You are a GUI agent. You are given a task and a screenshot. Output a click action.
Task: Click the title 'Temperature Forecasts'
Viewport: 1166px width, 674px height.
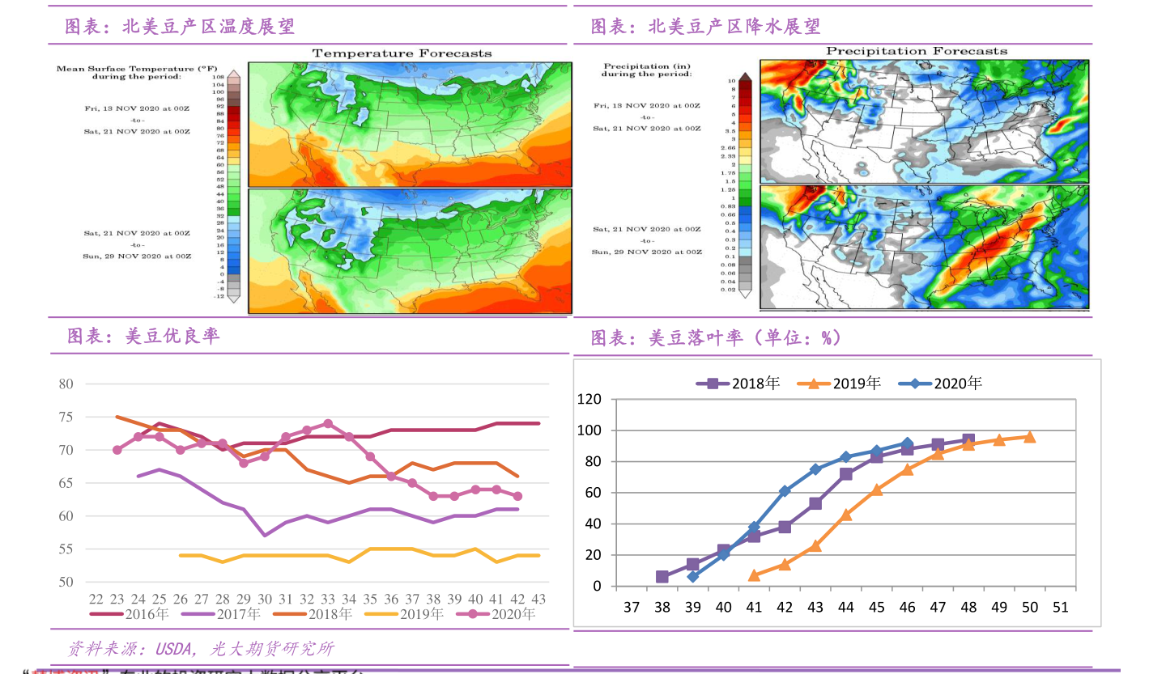[x=402, y=53]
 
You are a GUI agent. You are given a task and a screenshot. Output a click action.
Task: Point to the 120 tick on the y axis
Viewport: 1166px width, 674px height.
[x=589, y=399]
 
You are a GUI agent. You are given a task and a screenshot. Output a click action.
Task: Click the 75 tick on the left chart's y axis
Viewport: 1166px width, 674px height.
[x=66, y=417]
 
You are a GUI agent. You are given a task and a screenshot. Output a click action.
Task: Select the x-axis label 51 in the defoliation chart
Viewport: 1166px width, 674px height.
[x=1060, y=607]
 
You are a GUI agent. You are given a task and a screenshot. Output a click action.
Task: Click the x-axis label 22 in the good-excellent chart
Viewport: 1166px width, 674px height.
[x=96, y=599]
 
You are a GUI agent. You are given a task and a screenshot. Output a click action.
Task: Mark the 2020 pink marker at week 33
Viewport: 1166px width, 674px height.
[x=328, y=423]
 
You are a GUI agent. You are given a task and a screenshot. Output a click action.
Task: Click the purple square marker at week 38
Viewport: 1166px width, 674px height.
[x=662, y=577]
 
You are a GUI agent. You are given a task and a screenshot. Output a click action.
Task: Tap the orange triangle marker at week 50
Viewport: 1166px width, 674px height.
[x=1029, y=437]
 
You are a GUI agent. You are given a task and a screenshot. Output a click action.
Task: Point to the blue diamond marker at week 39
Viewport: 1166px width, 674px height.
[x=692, y=576]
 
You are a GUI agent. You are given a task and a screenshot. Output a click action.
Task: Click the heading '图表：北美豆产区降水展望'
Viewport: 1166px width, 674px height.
[x=705, y=27]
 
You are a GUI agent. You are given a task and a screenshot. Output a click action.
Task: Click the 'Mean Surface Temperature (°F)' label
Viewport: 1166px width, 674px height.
[x=125, y=69]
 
